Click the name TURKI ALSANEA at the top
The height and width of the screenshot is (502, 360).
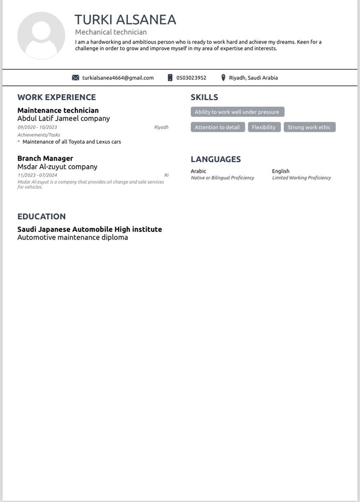126,20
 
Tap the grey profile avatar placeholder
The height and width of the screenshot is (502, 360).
41,36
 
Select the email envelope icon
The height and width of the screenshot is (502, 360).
76,78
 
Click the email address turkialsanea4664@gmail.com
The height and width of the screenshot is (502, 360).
118,78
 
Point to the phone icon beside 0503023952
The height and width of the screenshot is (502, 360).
170,78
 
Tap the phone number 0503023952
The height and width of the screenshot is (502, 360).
191,78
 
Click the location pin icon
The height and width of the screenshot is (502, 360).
223,78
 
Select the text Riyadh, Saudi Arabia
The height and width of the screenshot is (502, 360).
253,78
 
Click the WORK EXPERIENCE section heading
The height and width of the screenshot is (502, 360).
57,97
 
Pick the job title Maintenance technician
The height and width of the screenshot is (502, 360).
58,110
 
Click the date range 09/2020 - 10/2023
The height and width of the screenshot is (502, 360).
37,128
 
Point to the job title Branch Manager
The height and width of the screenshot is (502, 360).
45,159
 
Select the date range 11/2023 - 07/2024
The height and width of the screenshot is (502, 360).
37,175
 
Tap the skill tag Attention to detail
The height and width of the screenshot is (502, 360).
217,128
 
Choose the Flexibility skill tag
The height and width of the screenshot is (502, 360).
264,128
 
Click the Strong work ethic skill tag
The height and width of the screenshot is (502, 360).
309,128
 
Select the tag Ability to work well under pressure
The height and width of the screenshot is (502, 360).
237,112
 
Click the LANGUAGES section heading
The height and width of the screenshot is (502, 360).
216,159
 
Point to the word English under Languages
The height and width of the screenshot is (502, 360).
281,171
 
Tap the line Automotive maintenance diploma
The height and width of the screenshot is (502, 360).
73,237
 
